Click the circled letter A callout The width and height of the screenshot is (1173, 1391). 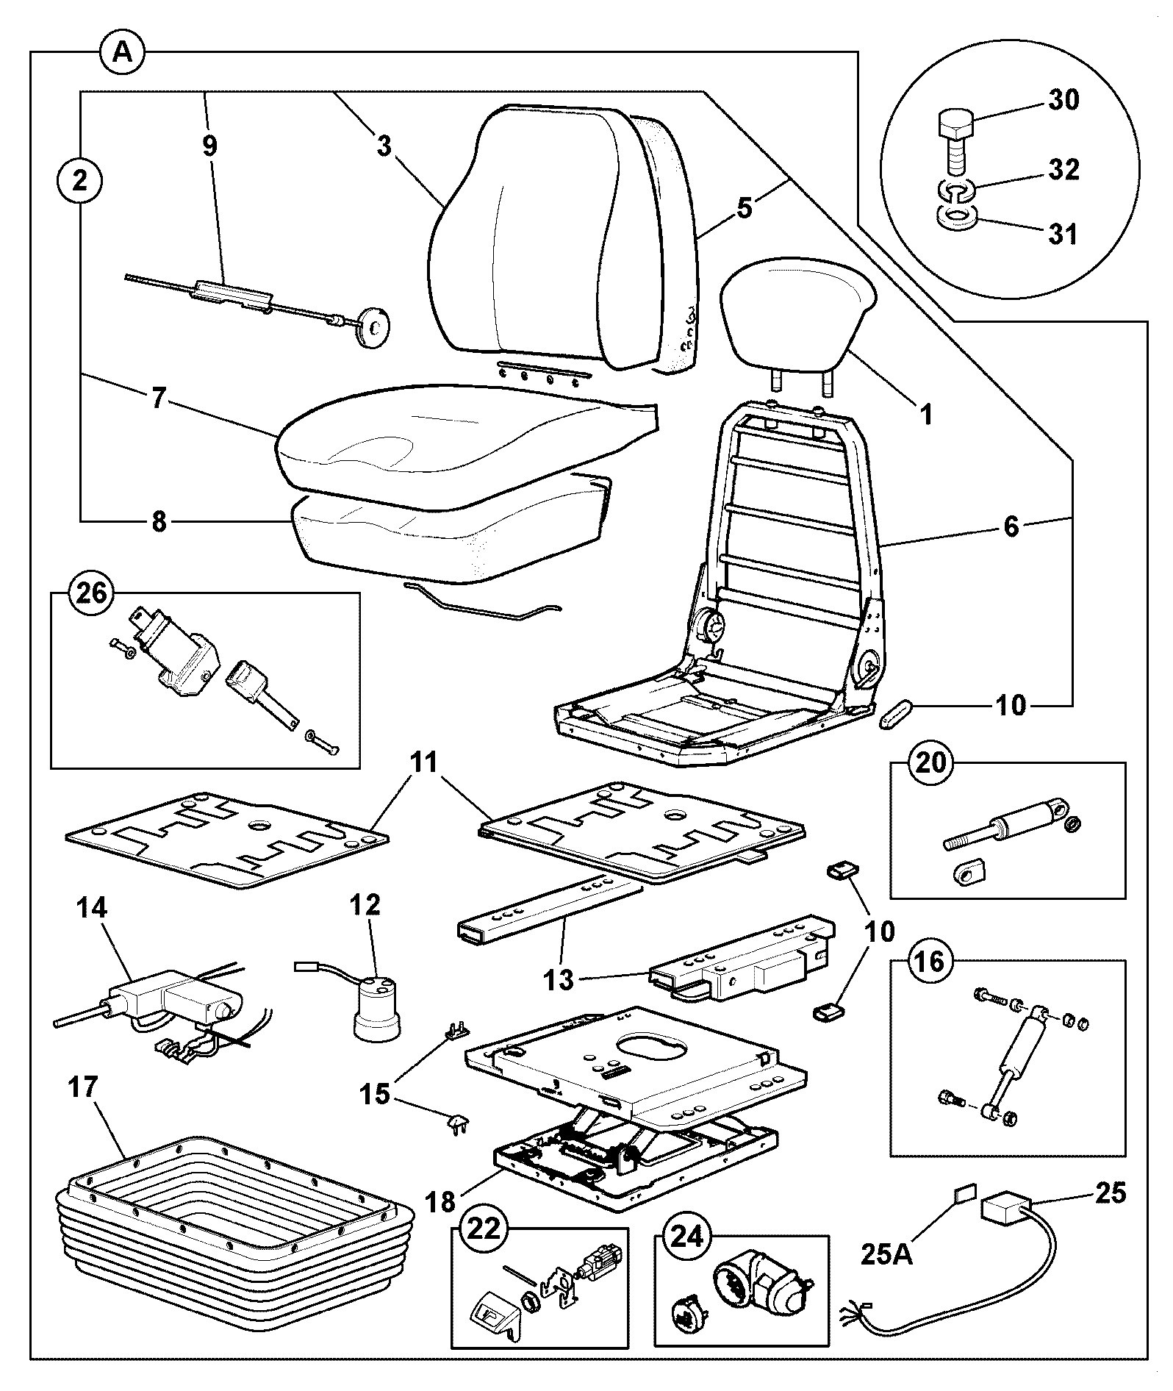point(123,52)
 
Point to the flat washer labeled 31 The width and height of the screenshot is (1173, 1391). point(956,217)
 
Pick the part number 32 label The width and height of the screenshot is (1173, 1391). point(1063,170)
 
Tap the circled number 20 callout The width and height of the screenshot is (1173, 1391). point(930,763)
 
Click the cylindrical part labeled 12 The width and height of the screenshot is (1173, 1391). point(377,1008)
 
